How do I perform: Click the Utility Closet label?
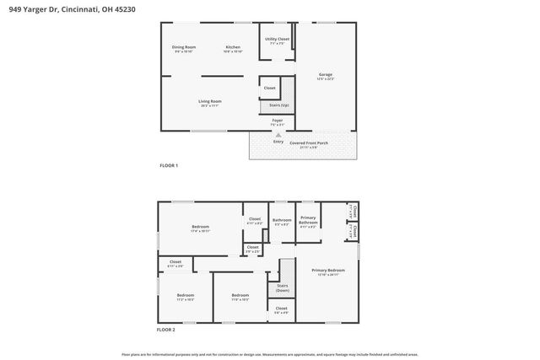click(277, 40)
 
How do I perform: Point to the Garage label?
click(325, 75)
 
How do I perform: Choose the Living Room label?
click(209, 102)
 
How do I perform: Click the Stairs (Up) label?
click(278, 105)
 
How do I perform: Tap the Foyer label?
click(278, 121)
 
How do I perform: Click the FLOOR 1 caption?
click(169, 165)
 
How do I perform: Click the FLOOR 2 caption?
click(169, 329)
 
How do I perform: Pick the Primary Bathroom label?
click(308, 222)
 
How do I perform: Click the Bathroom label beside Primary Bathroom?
click(281, 220)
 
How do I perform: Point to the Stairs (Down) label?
click(282, 287)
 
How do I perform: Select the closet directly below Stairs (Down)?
click(282, 309)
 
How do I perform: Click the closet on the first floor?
click(269, 88)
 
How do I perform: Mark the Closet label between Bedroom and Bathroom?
click(254, 220)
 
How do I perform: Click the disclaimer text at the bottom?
click(269, 355)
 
